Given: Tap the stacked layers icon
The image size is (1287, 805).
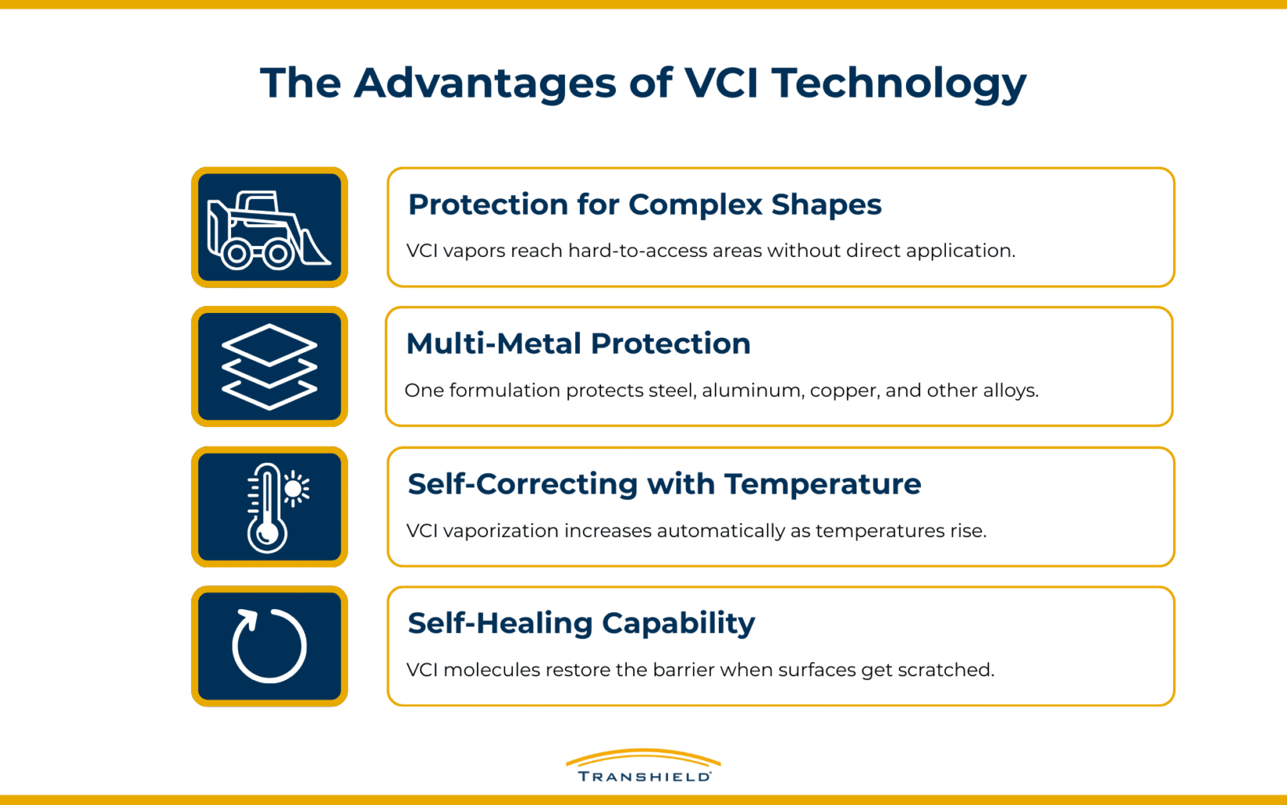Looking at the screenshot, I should pyautogui.click(x=269, y=366).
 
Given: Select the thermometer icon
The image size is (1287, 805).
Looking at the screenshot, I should pyautogui.click(x=267, y=507).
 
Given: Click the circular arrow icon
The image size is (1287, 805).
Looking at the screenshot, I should pyautogui.click(x=269, y=646).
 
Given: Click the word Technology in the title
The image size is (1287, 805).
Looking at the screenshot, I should pyautogui.click(x=899, y=83).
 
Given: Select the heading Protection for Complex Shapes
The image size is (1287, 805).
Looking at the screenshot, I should pyautogui.click(x=644, y=204).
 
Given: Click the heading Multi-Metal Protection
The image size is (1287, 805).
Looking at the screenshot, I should pyautogui.click(x=578, y=344).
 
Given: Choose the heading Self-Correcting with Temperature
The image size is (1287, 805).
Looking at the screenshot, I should pyautogui.click(x=664, y=483).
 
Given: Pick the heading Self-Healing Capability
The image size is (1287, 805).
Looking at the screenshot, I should pyautogui.click(x=581, y=623).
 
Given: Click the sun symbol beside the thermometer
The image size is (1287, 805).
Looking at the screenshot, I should pyautogui.click(x=295, y=489).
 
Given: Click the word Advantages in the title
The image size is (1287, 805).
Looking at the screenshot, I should pyautogui.click(x=485, y=83).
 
